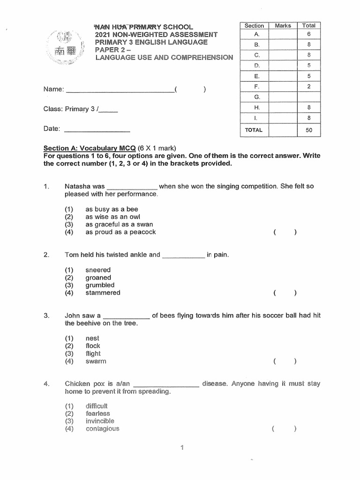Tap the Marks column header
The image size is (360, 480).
(283, 26)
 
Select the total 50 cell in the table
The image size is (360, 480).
(308, 130)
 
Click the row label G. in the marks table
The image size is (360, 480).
(256, 97)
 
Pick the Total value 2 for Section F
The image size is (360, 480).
(309, 86)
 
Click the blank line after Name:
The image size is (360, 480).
(120, 90)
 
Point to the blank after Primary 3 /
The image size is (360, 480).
(109, 110)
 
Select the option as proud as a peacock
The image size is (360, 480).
(120, 232)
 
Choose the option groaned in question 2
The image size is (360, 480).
(98, 277)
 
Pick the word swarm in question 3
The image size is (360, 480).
(96, 361)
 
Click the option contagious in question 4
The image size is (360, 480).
(102, 428)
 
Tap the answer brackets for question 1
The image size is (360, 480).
(285, 232)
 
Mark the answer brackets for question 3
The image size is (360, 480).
(285, 361)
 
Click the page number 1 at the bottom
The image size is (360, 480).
(182, 448)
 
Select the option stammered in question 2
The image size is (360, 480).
(103, 292)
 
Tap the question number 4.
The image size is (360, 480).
(46, 384)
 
